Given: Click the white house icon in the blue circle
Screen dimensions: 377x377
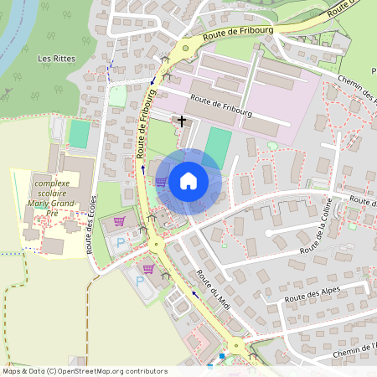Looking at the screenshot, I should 188,181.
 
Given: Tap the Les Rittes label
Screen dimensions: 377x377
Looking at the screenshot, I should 55,59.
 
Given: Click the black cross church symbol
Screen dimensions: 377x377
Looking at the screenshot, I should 181,121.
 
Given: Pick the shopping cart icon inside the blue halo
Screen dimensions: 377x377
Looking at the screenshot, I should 160,181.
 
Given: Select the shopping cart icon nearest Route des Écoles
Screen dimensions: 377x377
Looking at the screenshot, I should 119,221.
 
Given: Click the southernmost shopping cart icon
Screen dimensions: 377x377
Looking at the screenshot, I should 148,269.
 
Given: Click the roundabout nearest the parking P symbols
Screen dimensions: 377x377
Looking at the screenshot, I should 156,245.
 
